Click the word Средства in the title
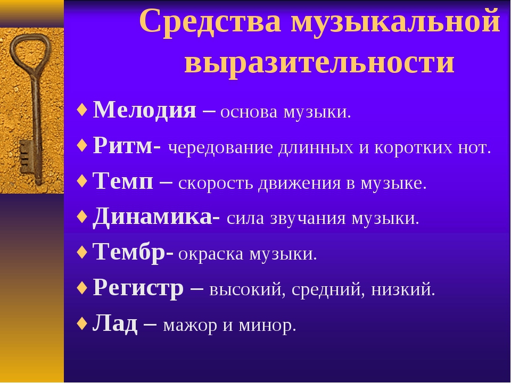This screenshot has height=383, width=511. pyautogui.click(x=210, y=21)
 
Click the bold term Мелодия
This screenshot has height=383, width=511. pyautogui.click(x=145, y=110)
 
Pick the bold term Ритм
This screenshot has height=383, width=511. pyautogui.click(x=122, y=146)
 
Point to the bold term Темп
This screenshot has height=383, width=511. pyautogui.click(x=123, y=181)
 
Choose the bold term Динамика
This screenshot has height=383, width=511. pyautogui.click(x=153, y=217)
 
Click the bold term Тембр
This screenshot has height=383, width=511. pyautogui.click(x=129, y=252)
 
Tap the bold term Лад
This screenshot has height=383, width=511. pyautogui.click(x=115, y=323)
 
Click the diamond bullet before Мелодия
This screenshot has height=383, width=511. pyautogui.click(x=82, y=110)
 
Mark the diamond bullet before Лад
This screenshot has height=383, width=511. pyautogui.click(x=82, y=324)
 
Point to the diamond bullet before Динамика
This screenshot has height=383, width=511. pyautogui.click(x=82, y=217)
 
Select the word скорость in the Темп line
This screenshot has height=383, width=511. pyautogui.click(x=216, y=183)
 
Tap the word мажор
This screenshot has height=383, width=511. pyautogui.click(x=190, y=326)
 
